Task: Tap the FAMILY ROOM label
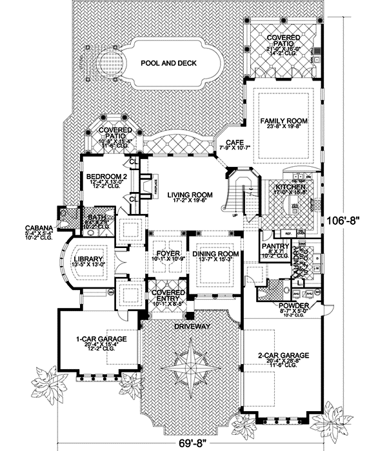click(284, 120)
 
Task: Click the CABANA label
click(35, 227)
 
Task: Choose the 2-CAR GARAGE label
click(283, 354)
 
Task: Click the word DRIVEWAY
click(192, 327)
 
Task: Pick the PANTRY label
click(275, 246)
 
